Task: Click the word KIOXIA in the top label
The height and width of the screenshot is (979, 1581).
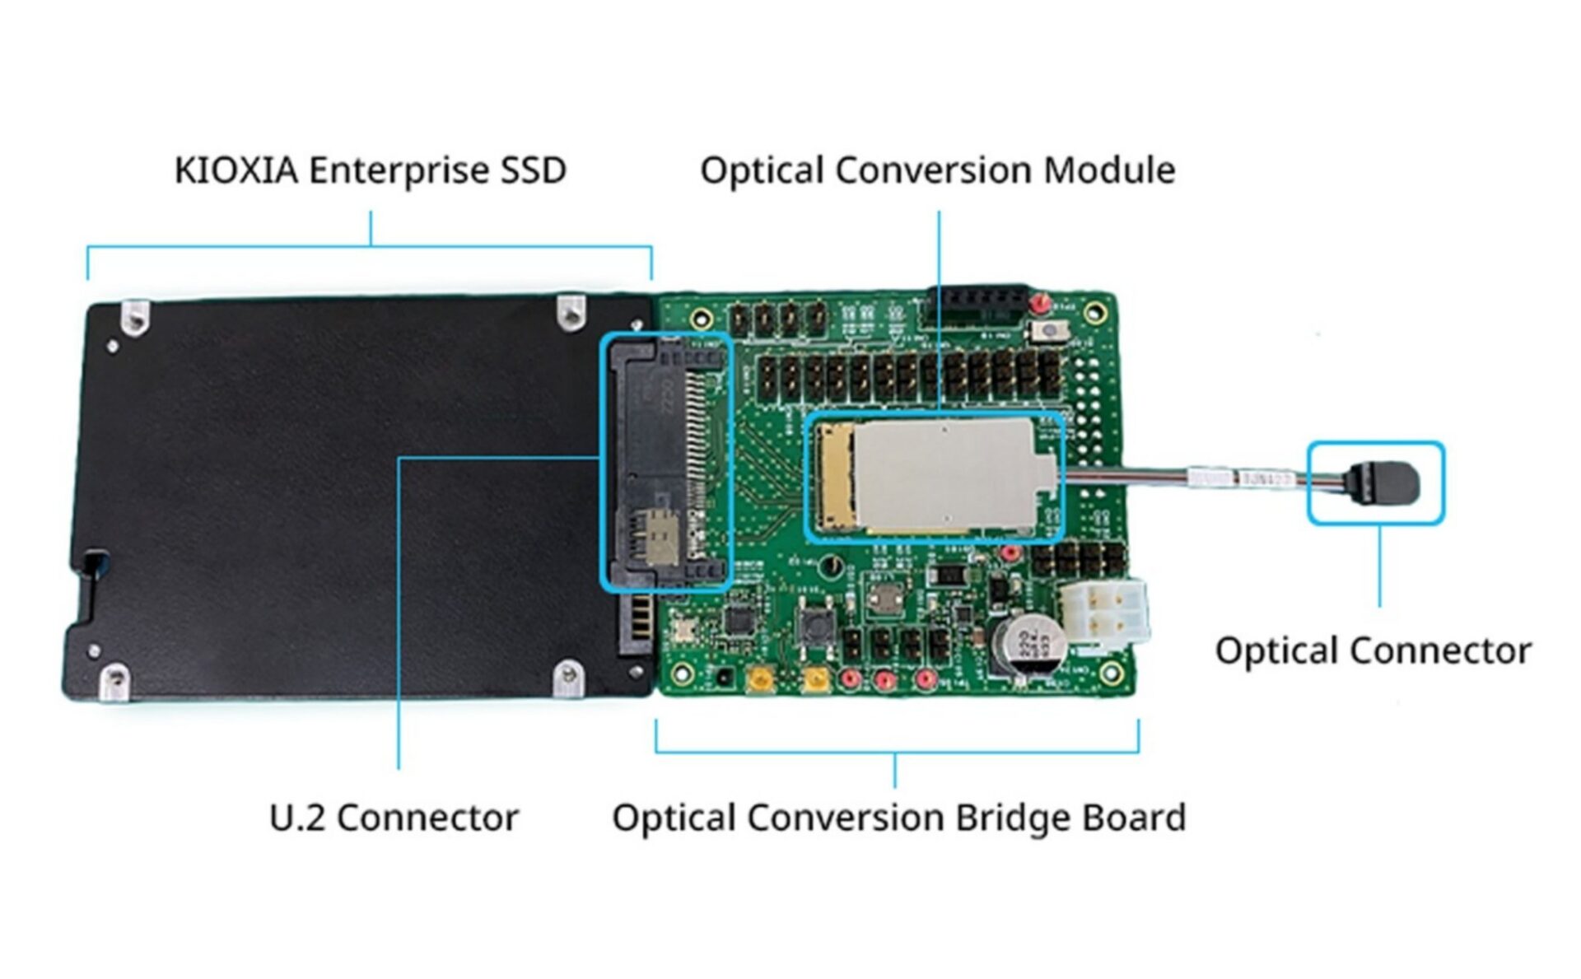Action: point(236,171)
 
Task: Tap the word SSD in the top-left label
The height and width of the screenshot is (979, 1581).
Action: point(534,171)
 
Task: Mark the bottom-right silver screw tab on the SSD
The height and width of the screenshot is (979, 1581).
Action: point(569,677)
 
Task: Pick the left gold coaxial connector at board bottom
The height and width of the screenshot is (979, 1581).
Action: point(757,680)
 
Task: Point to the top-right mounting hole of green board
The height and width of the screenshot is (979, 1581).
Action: point(1094,312)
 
